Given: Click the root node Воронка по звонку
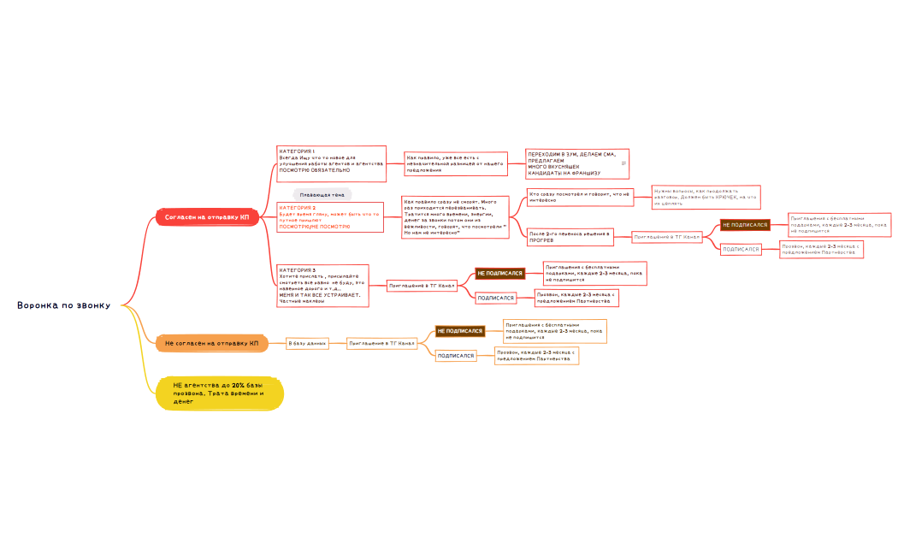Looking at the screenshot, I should click(x=63, y=305).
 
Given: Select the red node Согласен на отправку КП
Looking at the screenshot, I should click(x=206, y=217).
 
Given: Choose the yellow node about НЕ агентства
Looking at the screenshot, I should click(x=219, y=393).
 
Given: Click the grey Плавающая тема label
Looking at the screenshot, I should click(x=322, y=195).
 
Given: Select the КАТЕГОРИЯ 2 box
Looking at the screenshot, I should click(x=329, y=216).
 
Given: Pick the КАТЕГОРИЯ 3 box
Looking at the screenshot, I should click(x=322, y=285).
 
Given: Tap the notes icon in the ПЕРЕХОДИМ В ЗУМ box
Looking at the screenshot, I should click(x=623, y=163).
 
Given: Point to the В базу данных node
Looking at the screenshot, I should click(x=307, y=343).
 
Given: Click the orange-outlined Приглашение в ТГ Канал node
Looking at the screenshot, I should click(x=381, y=343).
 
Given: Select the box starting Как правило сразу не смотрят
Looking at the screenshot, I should click(x=455, y=216).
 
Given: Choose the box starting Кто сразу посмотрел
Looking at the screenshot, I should click(x=579, y=197).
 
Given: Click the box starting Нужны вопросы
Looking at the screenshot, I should click(x=706, y=197).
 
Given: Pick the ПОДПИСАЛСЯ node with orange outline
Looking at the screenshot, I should click(x=456, y=355).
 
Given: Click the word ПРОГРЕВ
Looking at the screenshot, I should click(x=541, y=241).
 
